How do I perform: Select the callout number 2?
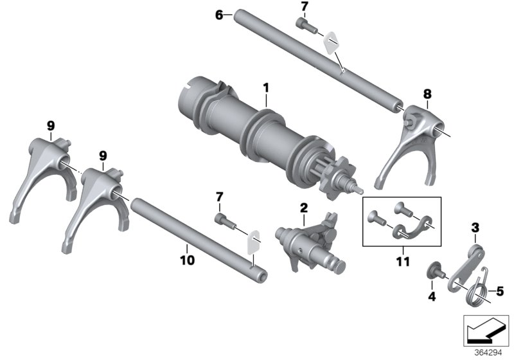click(303, 207)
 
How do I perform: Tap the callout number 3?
click(475, 228)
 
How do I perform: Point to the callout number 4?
click(432, 296)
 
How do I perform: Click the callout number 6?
click(219, 14)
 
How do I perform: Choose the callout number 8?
click(427, 94)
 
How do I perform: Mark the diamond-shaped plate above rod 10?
click(254, 240)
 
